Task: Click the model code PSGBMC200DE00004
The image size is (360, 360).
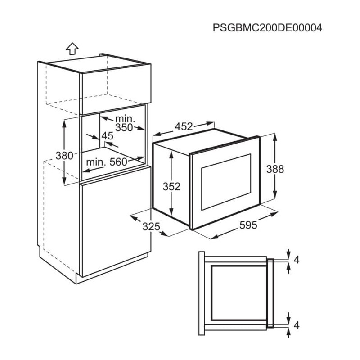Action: (x=267, y=28)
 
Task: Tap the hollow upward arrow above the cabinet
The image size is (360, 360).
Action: (x=72, y=49)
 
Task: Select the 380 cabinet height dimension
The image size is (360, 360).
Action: (x=64, y=156)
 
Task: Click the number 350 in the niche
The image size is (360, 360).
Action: (x=124, y=128)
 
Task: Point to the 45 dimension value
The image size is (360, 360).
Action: (x=108, y=136)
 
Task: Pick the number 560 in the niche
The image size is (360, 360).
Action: (x=118, y=162)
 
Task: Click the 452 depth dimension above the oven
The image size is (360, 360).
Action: (x=184, y=126)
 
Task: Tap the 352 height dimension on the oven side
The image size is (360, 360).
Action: (x=171, y=187)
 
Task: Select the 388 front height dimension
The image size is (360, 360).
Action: (x=275, y=169)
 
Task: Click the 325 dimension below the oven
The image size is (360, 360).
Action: (x=151, y=227)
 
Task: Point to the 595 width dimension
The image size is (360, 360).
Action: (x=248, y=225)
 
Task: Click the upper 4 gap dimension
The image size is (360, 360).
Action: (x=297, y=260)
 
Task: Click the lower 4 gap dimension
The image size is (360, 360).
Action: (x=297, y=325)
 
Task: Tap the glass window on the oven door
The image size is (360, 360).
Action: (x=226, y=182)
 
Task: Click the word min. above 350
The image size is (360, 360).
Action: (x=125, y=119)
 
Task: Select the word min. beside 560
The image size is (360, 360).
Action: (x=96, y=162)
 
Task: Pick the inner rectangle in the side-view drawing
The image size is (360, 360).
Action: (x=239, y=293)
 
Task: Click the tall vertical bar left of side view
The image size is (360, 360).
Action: (x=202, y=293)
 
